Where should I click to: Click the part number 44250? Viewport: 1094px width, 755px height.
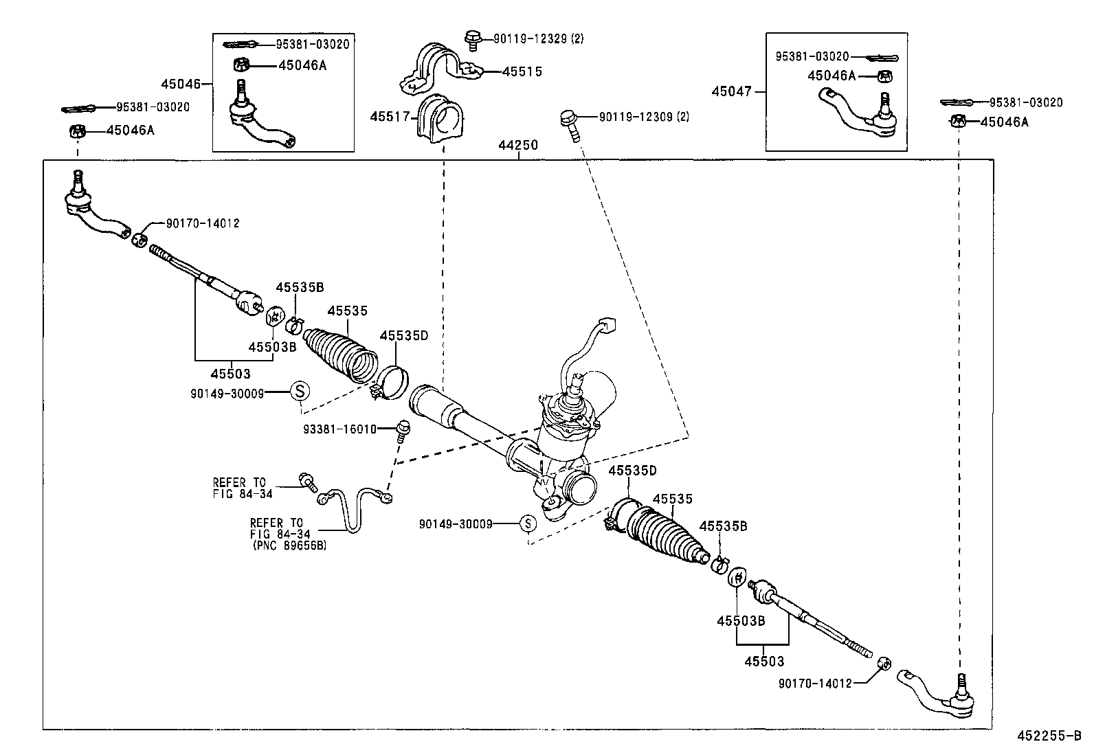coord(519,146)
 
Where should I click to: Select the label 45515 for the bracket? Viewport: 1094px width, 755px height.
coord(522,71)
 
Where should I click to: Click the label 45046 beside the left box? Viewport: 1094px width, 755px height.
coord(181,84)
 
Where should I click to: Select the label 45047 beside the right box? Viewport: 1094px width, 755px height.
coord(732,91)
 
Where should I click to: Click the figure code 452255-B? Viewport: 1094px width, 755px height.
coord(1049,736)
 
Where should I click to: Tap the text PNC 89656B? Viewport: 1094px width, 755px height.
coord(289,545)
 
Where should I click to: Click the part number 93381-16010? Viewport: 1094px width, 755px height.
coord(339,429)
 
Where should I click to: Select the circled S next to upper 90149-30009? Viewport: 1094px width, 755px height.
coord(300,391)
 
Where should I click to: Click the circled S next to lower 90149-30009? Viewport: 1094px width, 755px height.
coord(527,523)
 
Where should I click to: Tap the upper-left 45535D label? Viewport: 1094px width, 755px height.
coord(404,335)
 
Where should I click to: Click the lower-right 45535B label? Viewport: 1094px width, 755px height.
coord(723,526)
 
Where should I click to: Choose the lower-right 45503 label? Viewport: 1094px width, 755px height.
coord(764,661)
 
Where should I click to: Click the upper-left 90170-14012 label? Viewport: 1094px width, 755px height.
coord(203,223)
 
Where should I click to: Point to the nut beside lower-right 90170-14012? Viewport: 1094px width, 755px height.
coord(886,664)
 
